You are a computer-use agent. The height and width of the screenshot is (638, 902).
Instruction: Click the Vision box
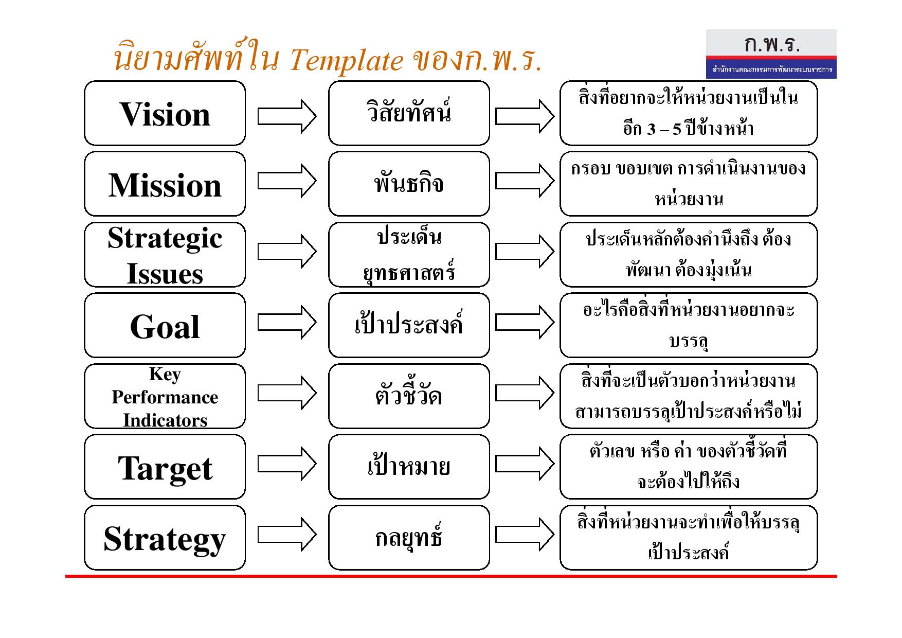point(165,113)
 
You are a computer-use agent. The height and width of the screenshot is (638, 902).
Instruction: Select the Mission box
point(165,184)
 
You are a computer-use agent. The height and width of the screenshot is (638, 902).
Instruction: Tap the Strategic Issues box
point(165,255)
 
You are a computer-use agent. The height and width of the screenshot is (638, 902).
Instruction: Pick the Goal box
point(165,325)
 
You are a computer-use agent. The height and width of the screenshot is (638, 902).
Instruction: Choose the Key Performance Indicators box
point(165,396)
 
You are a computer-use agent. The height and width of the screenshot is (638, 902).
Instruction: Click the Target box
point(165,467)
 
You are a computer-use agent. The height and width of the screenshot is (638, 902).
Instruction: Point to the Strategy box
point(165,538)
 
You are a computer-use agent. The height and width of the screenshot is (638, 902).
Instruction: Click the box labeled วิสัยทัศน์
point(409,113)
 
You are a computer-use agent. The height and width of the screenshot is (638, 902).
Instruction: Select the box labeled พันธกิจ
point(409,184)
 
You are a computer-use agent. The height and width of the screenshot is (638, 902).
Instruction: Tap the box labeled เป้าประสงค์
point(409,325)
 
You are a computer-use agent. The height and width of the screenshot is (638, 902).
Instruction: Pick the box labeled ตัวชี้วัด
point(409,396)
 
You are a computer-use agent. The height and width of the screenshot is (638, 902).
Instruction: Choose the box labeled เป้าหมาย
point(409,467)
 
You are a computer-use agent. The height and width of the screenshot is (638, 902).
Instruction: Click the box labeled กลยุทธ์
point(409,538)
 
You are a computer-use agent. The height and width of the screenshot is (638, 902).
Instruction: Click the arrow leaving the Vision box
point(287,116)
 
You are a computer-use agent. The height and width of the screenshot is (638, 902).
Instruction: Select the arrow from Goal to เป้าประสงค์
point(287,322)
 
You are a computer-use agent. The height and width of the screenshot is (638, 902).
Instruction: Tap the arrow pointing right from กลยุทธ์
point(525,534)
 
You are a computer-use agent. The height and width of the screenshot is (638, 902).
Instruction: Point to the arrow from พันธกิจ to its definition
point(525,181)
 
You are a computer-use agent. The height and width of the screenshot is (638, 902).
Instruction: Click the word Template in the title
point(346,61)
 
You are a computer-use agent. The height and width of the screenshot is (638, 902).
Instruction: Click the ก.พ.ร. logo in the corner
point(771,54)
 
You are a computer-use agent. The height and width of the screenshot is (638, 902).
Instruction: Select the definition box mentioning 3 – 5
point(689,113)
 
